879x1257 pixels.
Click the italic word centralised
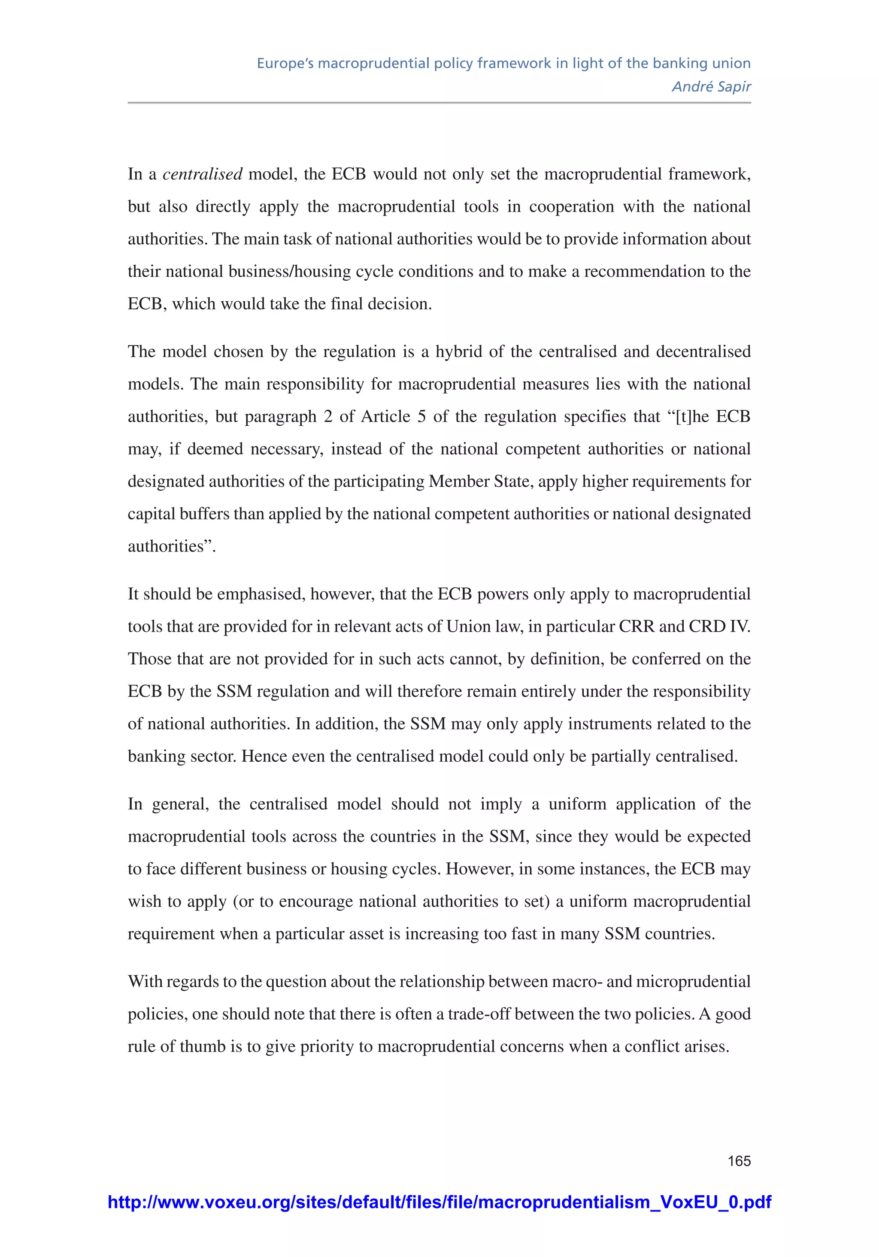tap(202, 175)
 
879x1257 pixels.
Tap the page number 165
tap(739, 1160)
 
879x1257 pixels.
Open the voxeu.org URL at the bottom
tap(439, 1202)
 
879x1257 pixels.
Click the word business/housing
tap(289, 272)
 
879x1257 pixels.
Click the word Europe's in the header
tap(285, 64)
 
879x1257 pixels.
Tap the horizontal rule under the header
tap(439, 103)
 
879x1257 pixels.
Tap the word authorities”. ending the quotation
tap(171, 546)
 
